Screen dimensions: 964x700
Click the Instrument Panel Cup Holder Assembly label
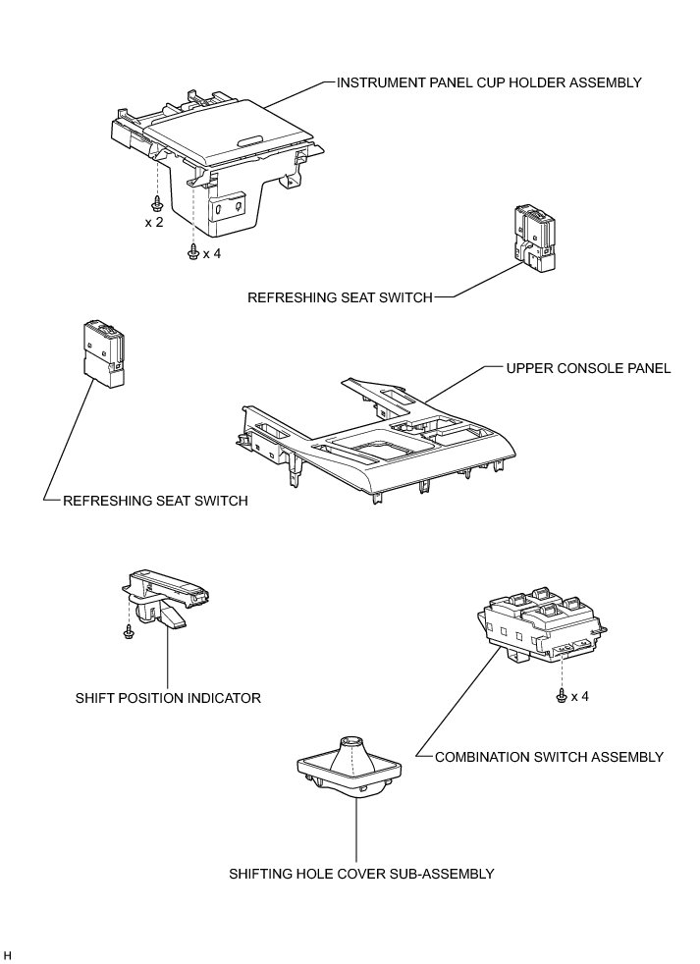coord(489,82)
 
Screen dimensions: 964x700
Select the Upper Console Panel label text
coord(588,368)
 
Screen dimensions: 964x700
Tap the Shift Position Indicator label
coord(168,699)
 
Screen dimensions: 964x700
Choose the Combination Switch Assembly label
coord(549,756)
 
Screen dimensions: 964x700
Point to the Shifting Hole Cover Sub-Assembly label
coord(360,873)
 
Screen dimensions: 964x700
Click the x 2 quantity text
coord(154,223)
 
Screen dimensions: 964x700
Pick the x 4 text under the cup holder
coord(212,253)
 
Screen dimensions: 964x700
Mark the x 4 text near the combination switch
coord(579,697)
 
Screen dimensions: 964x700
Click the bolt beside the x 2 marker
coord(157,203)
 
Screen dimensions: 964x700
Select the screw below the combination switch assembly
coord(561,696)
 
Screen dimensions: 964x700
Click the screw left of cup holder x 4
coord(193,252)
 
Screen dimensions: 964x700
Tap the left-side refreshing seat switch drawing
coord(104,350)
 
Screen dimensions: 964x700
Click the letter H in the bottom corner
coord(8,955)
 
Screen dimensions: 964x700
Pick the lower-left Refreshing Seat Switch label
coord(155,501)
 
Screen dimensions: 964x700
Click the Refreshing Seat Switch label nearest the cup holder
coord(340,297)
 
